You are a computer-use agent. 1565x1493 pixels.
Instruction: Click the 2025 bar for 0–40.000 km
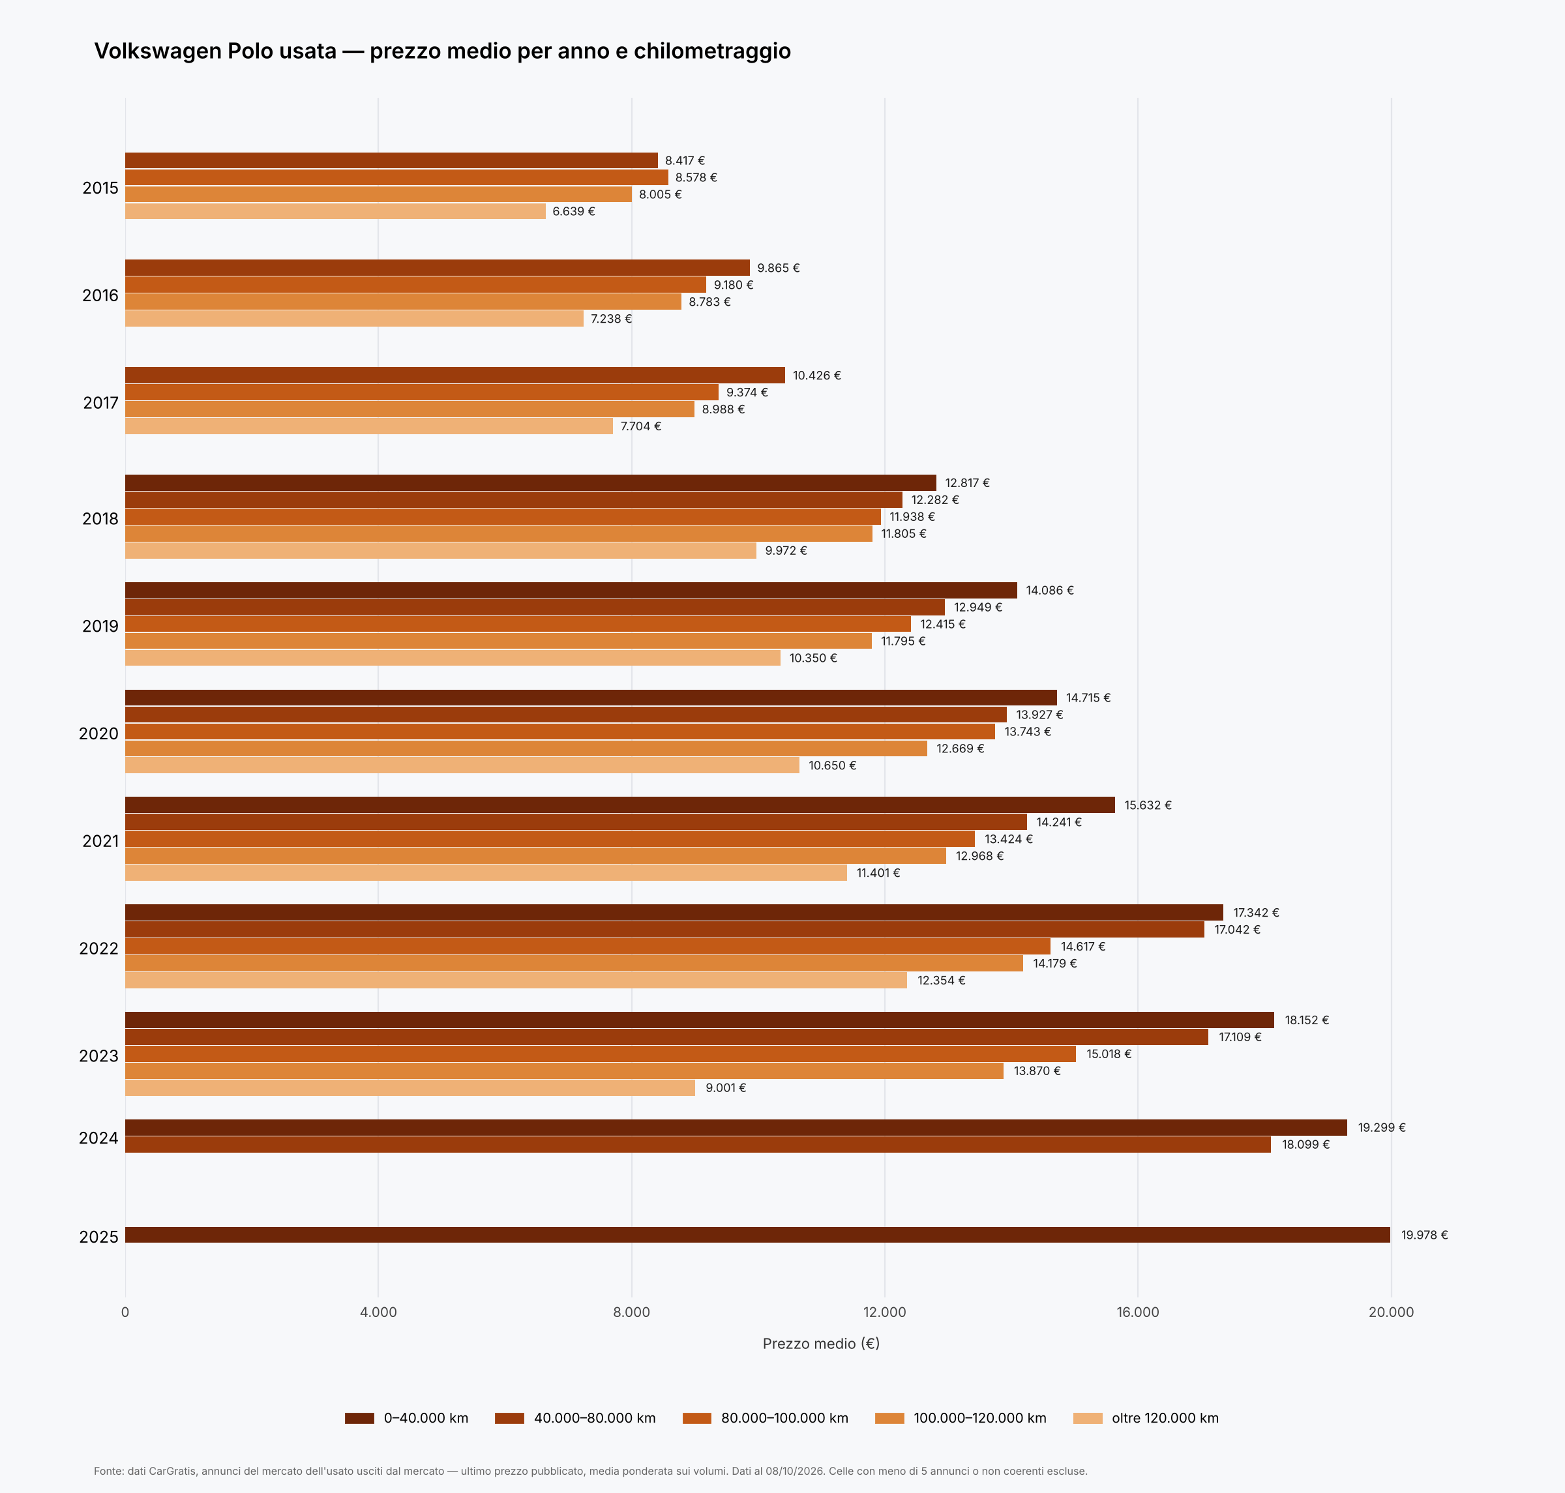(x=757, y=1234)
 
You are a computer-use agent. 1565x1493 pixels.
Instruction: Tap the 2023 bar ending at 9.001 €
(x=410, y=1087)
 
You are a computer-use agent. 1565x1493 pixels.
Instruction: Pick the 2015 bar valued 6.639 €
(x=335, y=211)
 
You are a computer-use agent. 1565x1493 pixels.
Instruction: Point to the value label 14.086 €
(x=1049, y=591)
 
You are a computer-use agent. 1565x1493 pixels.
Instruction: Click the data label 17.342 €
(x=1255, y=913)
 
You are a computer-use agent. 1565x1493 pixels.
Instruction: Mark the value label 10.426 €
(x=816, y=376)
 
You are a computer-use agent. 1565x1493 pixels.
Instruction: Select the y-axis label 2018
(x=100, y=519)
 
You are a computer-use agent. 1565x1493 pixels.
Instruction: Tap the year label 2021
(x=100, y=841)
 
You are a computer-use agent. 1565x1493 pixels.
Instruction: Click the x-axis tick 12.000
(x=884, y=1312)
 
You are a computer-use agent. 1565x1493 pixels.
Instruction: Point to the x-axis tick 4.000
(x=378, y=1312)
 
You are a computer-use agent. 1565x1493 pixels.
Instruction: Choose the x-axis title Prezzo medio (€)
(x=821, y=1344)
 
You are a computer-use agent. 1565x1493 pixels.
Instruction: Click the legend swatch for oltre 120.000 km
(x=1088, y=1418)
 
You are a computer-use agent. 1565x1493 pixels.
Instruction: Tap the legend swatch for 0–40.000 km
(x=359, y=1418)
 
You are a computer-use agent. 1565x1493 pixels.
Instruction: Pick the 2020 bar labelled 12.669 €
(x=526, y=748)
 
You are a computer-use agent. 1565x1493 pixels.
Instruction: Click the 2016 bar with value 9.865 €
(x=437, y=268)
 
